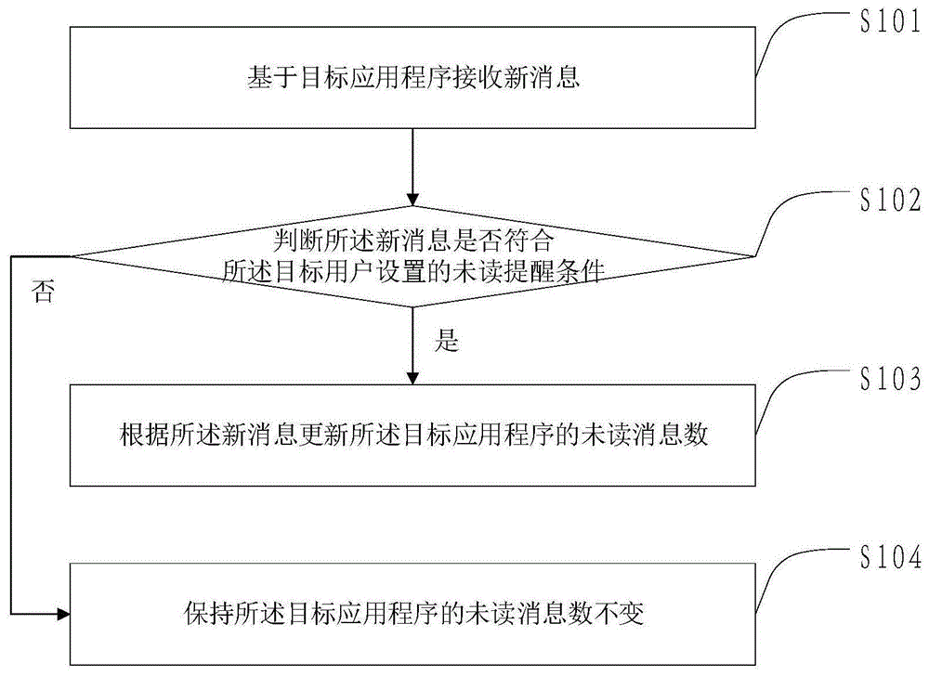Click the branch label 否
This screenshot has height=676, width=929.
[x=43, y=293]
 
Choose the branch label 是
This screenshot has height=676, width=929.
[x=447, y=342]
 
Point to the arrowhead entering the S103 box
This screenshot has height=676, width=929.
[x=412, y=377]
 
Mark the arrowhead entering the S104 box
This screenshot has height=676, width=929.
[x=62, y=614]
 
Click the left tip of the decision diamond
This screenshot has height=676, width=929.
[x=72, y=255]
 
